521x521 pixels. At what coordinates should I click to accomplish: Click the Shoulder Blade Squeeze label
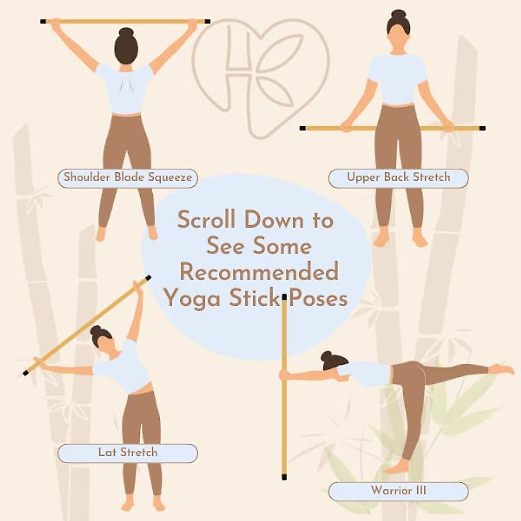[128, 178]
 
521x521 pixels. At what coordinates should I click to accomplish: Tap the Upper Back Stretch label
[398, 178]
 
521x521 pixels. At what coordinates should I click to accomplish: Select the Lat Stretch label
[128, 453]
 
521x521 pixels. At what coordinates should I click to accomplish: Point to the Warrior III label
[398, 491]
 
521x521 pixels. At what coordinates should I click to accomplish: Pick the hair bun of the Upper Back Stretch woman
[398, 13]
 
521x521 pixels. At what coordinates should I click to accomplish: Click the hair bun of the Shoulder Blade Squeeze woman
[126, 32]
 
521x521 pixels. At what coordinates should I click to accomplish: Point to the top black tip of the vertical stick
[284, 297]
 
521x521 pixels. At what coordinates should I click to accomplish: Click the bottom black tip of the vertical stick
[284, 477]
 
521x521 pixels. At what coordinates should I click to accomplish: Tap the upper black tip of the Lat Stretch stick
[148, 277]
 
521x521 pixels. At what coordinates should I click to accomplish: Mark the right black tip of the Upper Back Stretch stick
[482, 129]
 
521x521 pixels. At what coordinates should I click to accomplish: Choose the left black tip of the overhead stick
[43, 21]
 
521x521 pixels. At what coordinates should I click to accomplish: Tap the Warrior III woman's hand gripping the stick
[284, 375]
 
